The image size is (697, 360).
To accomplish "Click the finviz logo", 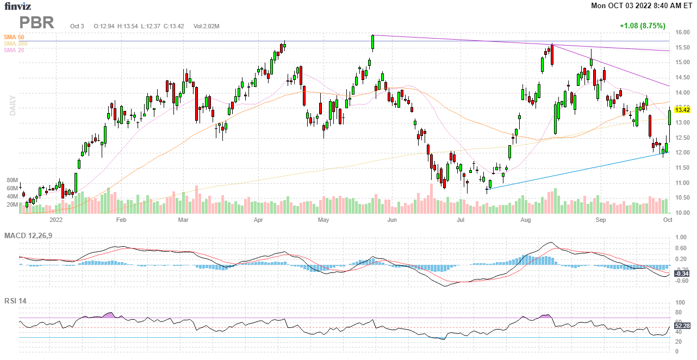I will pos(18,7).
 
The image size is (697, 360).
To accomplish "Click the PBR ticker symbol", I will pos(37,23).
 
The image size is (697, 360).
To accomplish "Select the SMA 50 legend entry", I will pos(14,37).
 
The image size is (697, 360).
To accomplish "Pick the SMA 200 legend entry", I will pos(15,44).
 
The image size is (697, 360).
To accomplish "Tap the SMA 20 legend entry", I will pos(14,50).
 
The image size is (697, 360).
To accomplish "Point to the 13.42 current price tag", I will pos(682,110).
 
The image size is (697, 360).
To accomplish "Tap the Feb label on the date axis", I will pos(121,220).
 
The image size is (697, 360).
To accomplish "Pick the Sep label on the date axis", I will pos(600,220).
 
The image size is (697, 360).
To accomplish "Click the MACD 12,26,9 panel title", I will pos(32,235).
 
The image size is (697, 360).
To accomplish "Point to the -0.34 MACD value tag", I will pos(682,274).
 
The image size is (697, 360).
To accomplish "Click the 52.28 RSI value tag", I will pos(682,326).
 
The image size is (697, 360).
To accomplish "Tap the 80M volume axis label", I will pos(13,180).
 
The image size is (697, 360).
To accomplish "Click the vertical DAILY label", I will pos(12,105).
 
